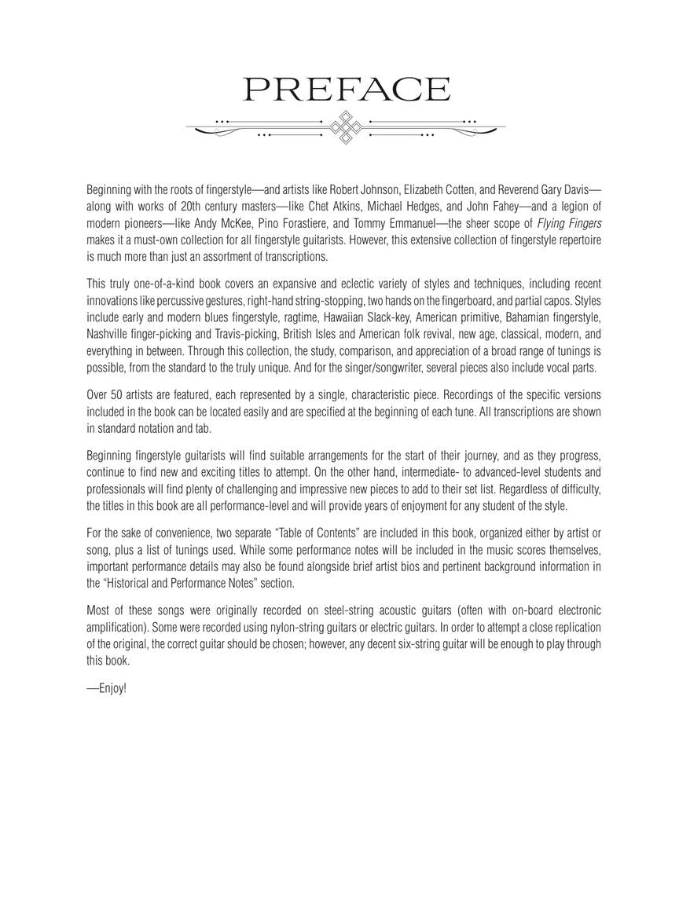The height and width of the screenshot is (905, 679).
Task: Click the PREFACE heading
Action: click(x=347, y=90)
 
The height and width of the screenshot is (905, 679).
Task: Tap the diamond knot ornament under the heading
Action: click(x=345, y=126)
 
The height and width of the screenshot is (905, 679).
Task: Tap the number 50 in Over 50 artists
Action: click(x=117, y=395)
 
